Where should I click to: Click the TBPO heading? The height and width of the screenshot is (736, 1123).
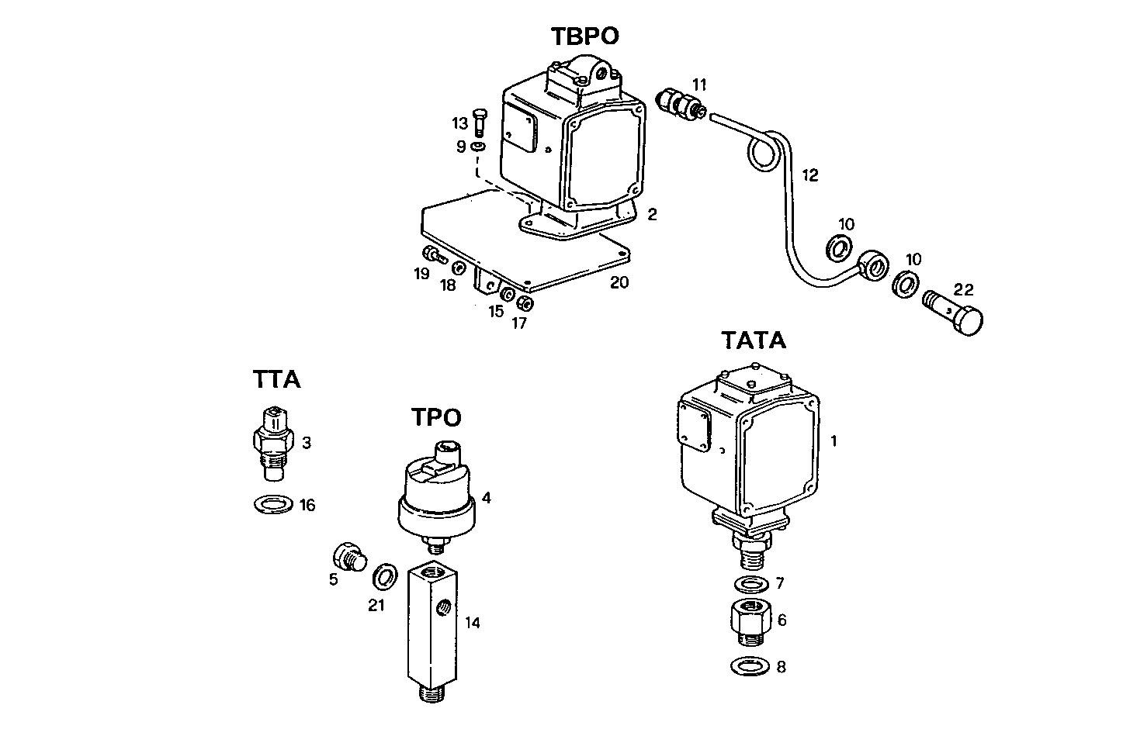[585, 36]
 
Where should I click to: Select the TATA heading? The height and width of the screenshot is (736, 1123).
[753, 340]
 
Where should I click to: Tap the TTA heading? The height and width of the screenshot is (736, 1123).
[276, 379]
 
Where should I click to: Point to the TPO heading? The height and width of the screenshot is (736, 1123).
[436, 417]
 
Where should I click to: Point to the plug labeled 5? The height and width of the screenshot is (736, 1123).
[347, 556]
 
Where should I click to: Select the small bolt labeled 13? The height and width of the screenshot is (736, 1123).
[479, 122]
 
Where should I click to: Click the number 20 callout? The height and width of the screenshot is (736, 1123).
[619, 282]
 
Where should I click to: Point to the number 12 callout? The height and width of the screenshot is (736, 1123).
[809, 175]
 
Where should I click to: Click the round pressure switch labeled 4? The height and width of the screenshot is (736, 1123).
[436, 496]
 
